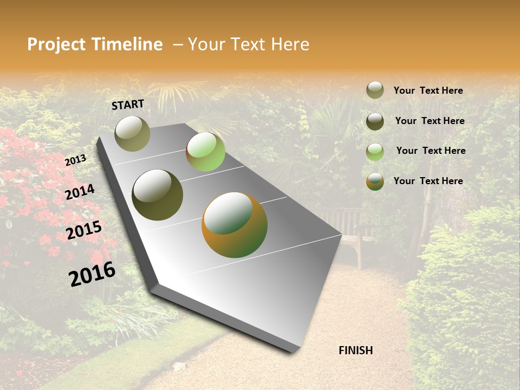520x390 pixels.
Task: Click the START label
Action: click(x=128, y=105)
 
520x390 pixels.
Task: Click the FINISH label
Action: click(x=355, y=350)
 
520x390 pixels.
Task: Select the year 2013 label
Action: click(x=75, y=160)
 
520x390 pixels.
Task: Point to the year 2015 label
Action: click(x=84, y=230)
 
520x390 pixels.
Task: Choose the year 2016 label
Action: click(x=92, y=274)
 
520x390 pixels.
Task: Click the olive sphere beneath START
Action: click(x=132, y=133)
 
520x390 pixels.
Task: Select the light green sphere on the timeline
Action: click(x=205, y=152)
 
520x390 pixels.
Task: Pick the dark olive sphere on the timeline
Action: click(x=157, y=195)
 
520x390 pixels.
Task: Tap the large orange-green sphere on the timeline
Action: click(x=235, y=225)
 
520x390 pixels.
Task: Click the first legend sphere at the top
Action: click(x=375, y=90)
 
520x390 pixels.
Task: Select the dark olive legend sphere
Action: click(x=375, y=121)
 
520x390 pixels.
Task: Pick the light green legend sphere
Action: click(x=375, y=151)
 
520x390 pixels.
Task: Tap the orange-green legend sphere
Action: click(x=375, y=181)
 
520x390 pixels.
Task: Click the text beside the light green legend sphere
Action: click(x=431, y=151)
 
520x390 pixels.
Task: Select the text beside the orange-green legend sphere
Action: click(x=428, y=181)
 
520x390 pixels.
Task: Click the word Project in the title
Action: click(x=56, y=44)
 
